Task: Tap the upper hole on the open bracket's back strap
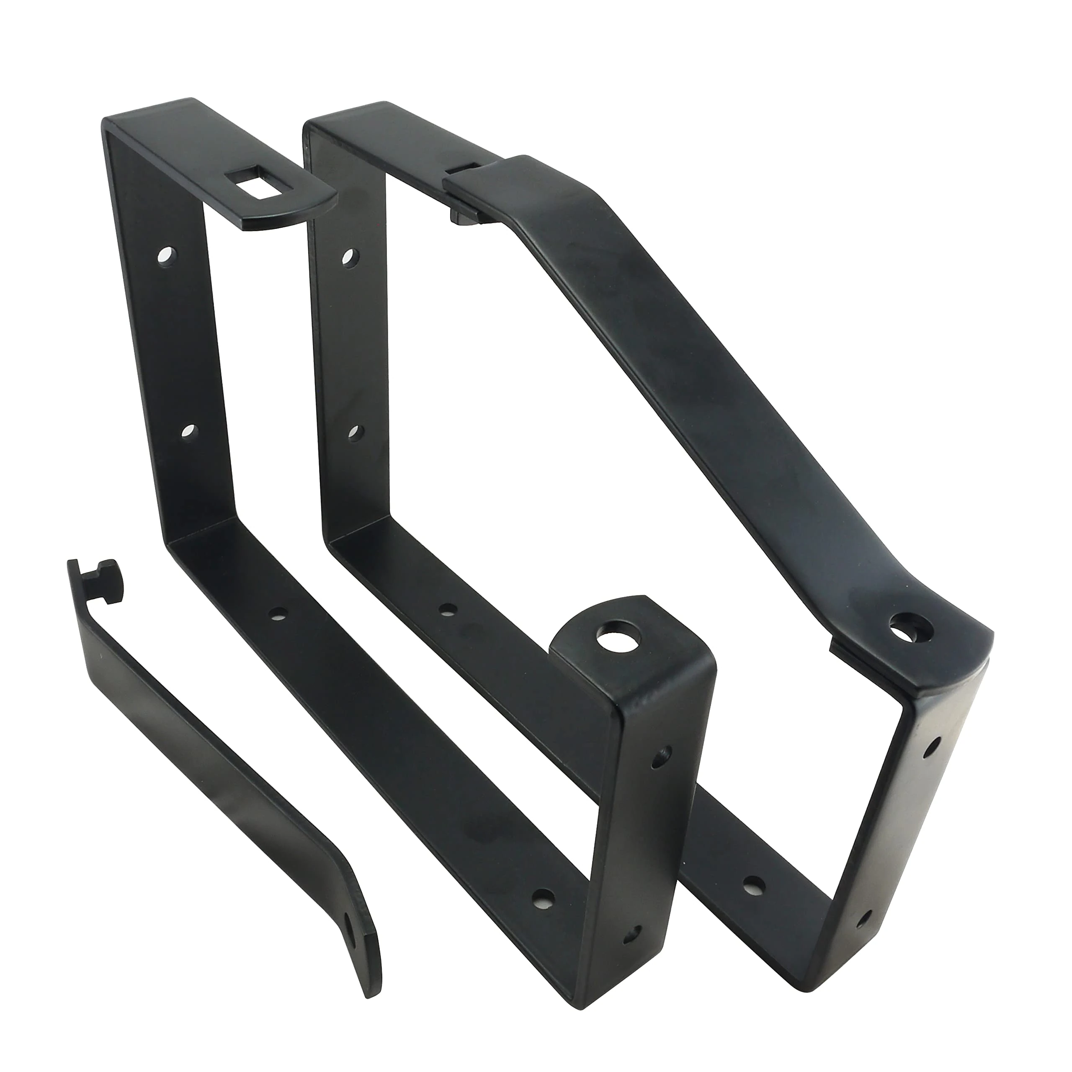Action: click(x=165, y=256)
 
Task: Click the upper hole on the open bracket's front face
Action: click(x=661, y=756)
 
